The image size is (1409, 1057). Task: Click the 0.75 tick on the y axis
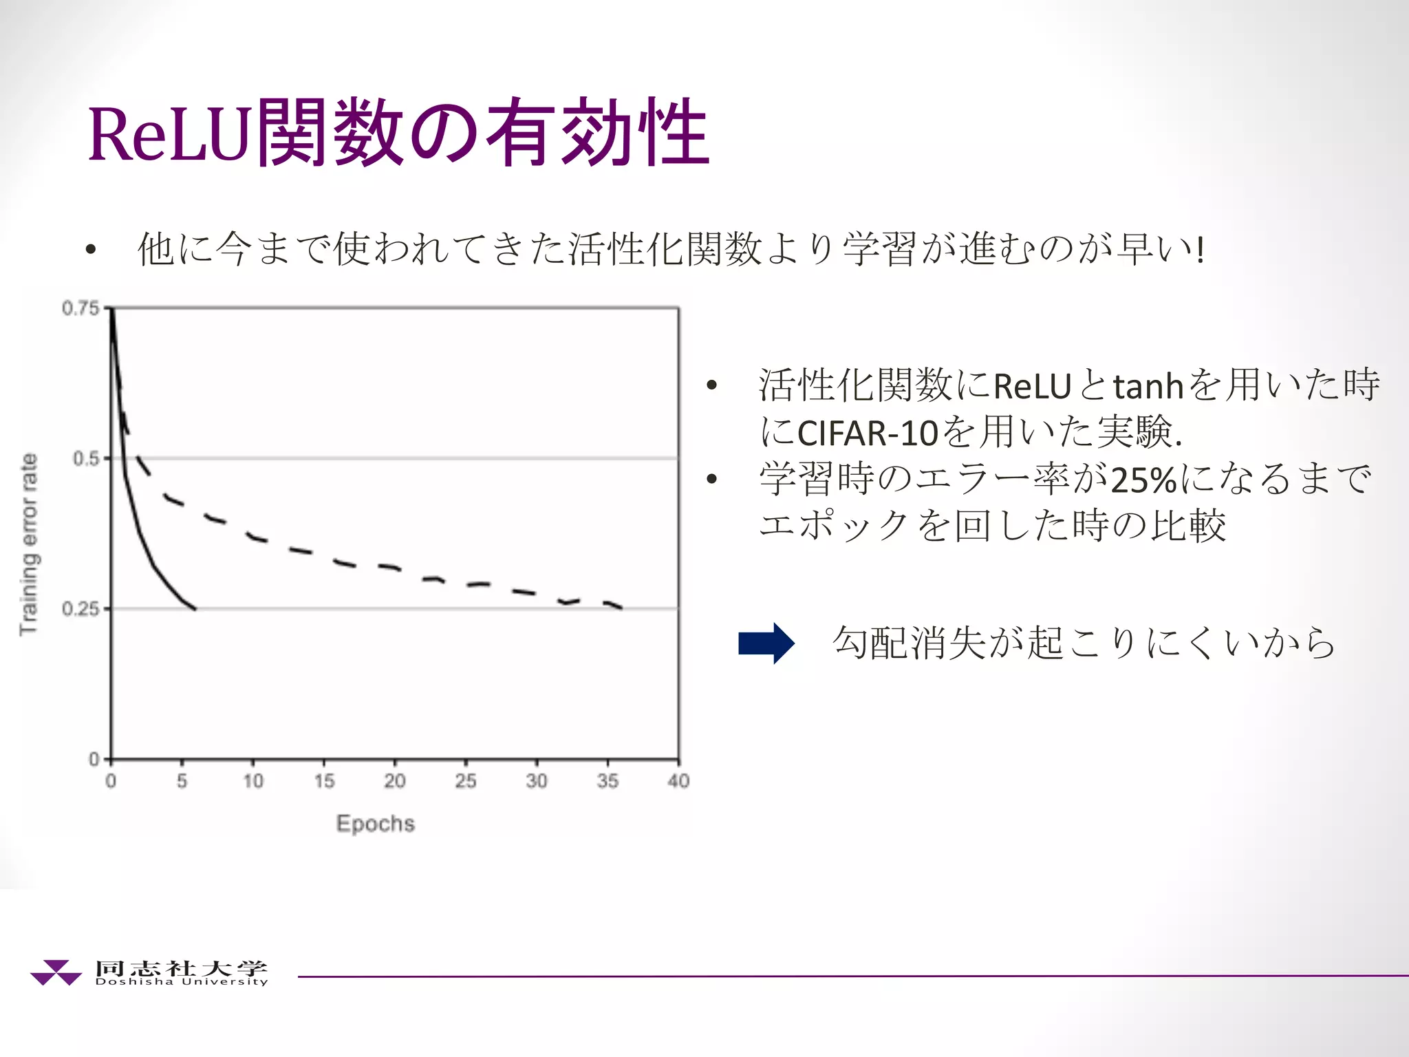tap(81, 308)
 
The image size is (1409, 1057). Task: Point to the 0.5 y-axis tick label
tap(87, 458)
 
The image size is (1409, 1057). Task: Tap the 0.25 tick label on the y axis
tap(81, 609)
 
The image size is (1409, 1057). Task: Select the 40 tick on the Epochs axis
tap(678, 781)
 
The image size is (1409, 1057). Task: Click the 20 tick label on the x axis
tap(395, 781)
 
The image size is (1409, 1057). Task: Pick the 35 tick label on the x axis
tap(607, 781)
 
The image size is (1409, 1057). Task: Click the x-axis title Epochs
tap(376, 824)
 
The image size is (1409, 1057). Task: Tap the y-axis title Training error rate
tap(29, 544)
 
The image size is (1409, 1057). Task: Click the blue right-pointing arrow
tap(766, 643)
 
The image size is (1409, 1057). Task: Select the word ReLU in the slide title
tap(168, 134)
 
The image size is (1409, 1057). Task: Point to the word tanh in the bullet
tap(1148, 386)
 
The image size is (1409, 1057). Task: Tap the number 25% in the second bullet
tap(1143, 480)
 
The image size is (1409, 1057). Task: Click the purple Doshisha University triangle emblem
tap(55, 972)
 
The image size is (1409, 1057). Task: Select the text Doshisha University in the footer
tap(182, 982)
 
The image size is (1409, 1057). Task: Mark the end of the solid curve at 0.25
tap(195, 608)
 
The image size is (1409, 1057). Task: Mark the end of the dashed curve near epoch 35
tap(621, 608)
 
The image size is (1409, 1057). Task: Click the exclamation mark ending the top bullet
tap(1201, 249)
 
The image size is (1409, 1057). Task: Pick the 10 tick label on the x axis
tap(253, 781)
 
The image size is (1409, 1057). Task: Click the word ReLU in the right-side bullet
tap(1033, 386)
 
